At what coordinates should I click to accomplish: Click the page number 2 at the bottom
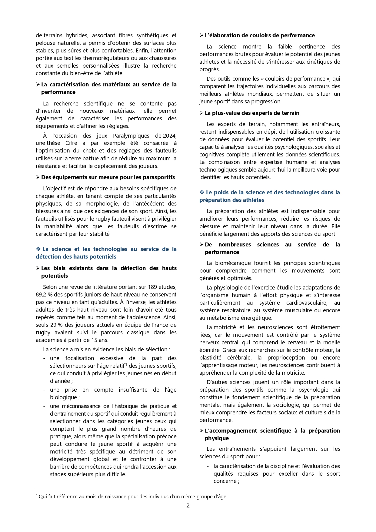coord(188,506)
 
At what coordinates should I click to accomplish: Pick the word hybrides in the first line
coord(77,35)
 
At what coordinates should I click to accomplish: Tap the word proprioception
coord(286,358)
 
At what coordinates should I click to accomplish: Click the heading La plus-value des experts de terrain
coord(252,113)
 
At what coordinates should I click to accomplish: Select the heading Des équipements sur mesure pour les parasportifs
coord(108,177)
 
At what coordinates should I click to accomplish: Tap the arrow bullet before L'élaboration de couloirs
coord(201,35)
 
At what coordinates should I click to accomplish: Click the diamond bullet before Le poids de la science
coord(202,192)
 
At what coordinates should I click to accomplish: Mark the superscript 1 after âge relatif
coord(126,364)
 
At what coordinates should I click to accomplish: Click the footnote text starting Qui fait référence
coord(133,497)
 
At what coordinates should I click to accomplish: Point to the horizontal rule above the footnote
coord(81,490)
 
